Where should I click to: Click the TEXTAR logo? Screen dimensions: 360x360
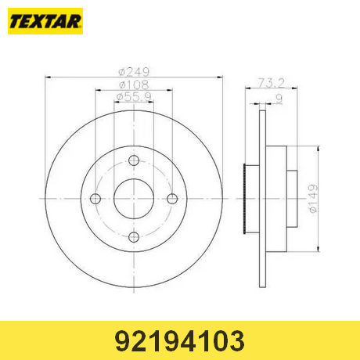click(45, 21)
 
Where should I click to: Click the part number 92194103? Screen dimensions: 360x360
click(180, 341)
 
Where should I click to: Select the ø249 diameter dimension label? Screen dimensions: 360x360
click(134, 72)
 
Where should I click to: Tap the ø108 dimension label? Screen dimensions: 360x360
click(134, 85)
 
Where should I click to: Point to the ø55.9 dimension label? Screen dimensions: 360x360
click(134, 97)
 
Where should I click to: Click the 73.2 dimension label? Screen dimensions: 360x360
click(272, 83)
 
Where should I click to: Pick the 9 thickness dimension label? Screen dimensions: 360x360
click(279, 99)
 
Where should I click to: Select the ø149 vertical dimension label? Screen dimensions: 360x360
click(313, 199)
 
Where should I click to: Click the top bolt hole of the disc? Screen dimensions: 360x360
click(134, 160)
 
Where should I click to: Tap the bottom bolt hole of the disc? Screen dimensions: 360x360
click(134, 237)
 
